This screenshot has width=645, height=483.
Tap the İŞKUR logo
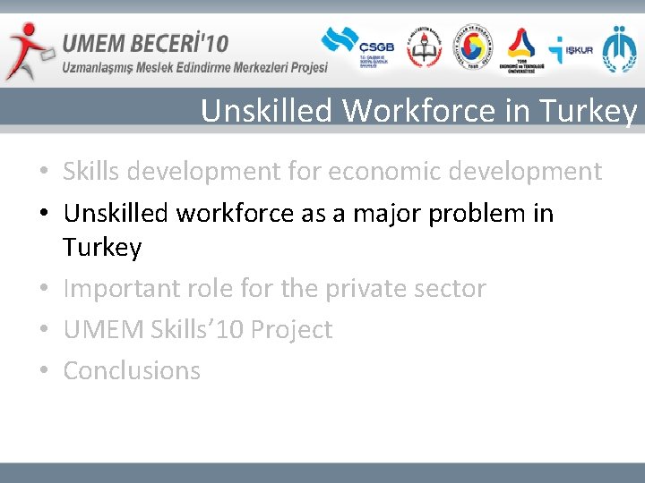(571, 49)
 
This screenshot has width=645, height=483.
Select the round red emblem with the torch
(424, 48)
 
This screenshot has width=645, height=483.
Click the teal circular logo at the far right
(620, 48)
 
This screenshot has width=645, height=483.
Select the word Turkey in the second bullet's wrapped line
(102, 248)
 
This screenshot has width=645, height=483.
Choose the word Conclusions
(132, 370)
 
